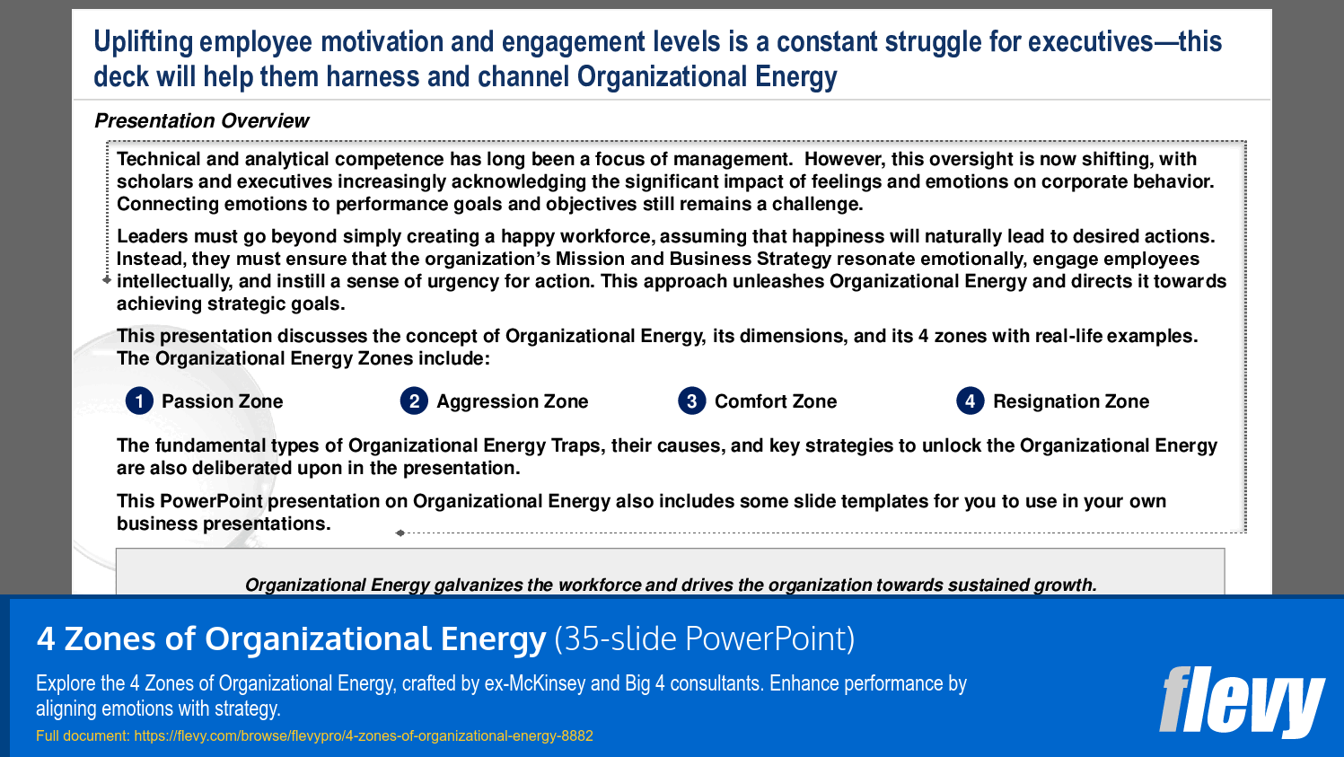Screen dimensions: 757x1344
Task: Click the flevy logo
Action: coord(1242,701)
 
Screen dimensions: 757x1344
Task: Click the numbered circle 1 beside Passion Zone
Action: coord(139,401)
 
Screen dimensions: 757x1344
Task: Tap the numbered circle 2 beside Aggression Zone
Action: coord(414,401)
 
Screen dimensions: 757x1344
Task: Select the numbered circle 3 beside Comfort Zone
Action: coord(691,401)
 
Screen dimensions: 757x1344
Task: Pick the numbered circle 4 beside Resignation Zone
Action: coord(970,401)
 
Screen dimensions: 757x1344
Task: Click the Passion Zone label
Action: coord(222,401)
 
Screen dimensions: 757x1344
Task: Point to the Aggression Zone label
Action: coord(512,401)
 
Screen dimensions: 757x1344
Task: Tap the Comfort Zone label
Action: coord(775,401)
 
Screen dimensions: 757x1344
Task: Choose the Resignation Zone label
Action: coord(1070,401)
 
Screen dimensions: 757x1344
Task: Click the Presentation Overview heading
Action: coord(201,120)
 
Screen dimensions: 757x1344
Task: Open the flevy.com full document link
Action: coord(364,735)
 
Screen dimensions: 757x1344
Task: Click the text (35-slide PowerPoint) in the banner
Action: coord(704,638)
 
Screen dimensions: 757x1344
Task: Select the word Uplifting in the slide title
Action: coord(143,41)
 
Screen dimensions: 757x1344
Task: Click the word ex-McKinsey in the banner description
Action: coord(535,683)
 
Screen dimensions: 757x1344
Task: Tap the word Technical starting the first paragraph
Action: coord(158,159)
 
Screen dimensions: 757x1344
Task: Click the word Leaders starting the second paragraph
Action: coord(152,236)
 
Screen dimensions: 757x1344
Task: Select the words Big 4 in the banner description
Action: coord(645,683)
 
